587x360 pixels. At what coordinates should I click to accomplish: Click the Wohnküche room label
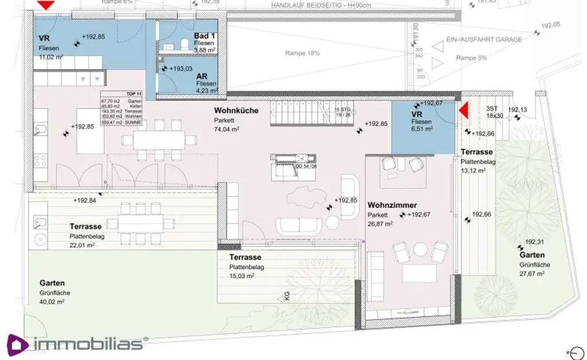(x=236, y=110)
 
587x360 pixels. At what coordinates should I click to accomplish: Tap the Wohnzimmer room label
(x=392, y=205)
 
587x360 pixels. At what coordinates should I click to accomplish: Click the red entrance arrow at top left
(x=45, y=5)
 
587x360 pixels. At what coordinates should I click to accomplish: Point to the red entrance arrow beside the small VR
(x=464, y=110)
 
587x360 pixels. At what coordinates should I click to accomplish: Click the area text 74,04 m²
(x=227, y=130)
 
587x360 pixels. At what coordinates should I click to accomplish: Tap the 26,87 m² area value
(x=380, y=224)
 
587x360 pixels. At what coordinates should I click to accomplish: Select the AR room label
(x=202, y=76)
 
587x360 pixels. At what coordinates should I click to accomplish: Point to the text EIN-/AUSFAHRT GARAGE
(x=484, y=40)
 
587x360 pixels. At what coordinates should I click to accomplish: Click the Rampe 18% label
(x=302, y=53)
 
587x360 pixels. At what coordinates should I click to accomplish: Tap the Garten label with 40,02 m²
(x=52, y=283)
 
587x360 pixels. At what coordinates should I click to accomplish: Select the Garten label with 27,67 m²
(x=532, y=255)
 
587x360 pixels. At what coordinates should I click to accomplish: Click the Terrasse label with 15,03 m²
(x=245, y=258)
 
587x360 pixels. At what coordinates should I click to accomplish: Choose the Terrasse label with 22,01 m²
(x=85, y=226)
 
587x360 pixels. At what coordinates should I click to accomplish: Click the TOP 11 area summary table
(x=121, y=108)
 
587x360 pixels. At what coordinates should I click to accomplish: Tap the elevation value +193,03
(x=183, y=68)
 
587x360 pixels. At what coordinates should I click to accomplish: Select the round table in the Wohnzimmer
(x=421, y=248)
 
